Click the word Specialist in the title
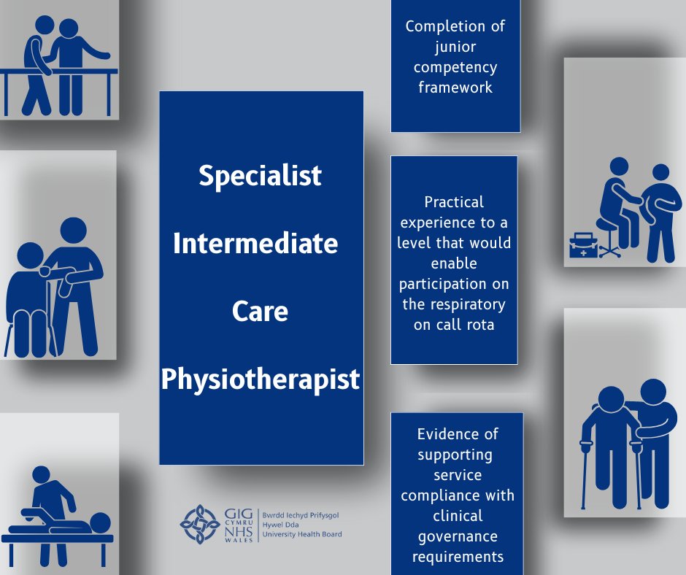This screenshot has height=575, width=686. click(261, 175)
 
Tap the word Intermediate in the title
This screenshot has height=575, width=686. click(255, 243)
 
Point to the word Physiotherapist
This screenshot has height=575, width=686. click(261, 379)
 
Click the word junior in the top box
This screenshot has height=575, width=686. click(455, 47)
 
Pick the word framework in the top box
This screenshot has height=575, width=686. click(455, 87)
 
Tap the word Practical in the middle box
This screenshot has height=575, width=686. click(454, 201)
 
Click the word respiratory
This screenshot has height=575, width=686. click(454, 304)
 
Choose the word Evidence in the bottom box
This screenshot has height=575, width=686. click(458, 434)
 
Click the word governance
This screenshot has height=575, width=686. click(458, 536)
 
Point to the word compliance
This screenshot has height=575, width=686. click(458, 495)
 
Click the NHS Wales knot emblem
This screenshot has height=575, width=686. click(200, 524)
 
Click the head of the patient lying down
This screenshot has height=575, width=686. click(100, 522)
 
